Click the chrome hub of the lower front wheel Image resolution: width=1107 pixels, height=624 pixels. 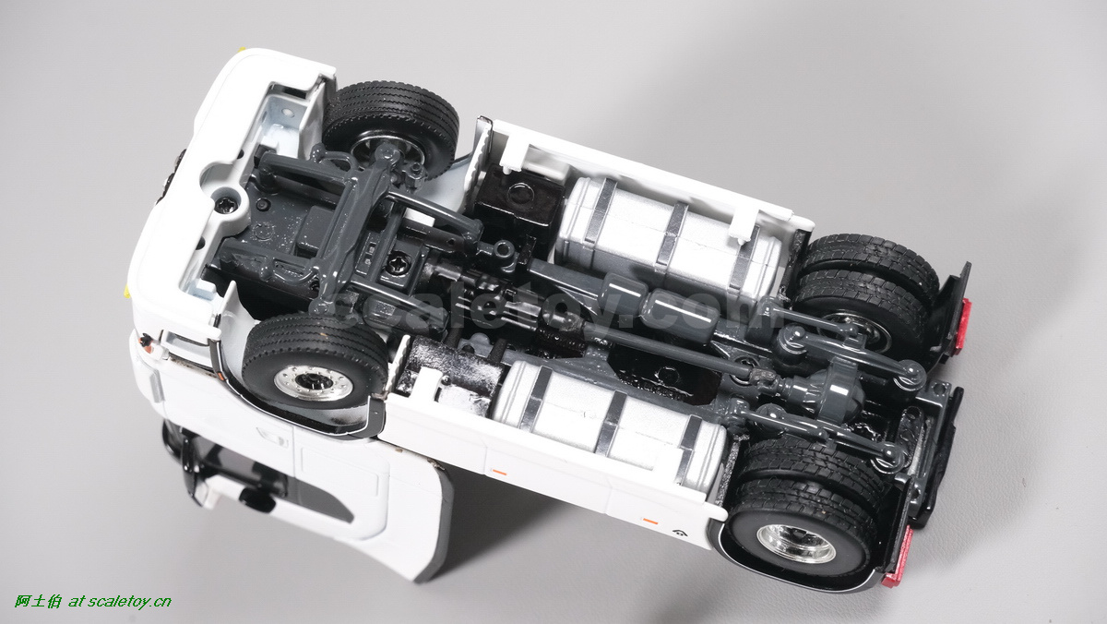pos(314,383)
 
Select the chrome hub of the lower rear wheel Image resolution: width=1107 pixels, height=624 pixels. pos(795,543)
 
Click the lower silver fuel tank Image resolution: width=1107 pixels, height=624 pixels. pos(608,420)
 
